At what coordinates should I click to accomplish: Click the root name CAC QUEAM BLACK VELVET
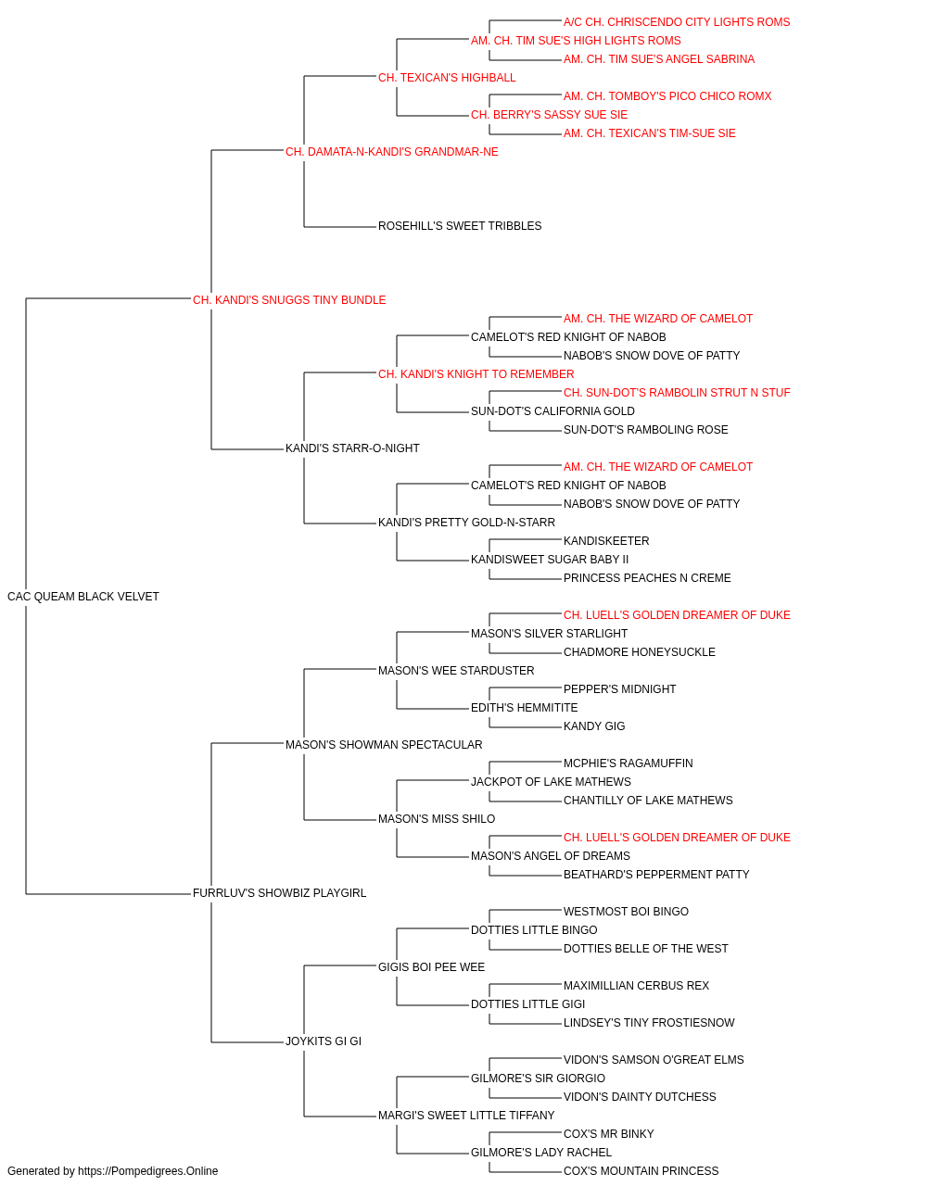(83, 597)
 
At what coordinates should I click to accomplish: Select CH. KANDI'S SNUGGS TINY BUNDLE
(289, 300)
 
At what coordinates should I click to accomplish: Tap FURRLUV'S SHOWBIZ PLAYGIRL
(280, 893)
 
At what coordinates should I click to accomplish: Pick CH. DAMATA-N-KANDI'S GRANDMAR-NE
(392, 152)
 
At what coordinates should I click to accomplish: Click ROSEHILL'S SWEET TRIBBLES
(460, 226)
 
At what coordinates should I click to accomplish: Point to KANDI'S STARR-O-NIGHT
(352, 448)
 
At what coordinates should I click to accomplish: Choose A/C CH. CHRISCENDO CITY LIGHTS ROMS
(677, 22)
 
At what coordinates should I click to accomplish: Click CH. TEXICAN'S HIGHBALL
(447, 78)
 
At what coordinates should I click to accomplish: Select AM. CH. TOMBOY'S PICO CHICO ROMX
(667, 96)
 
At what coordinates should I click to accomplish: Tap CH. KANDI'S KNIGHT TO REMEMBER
(476, 373)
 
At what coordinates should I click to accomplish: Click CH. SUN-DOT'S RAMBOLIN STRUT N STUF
(677, 393)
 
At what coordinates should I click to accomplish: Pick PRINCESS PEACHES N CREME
(647, 578)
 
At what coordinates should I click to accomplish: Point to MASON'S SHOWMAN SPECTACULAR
(384, 745)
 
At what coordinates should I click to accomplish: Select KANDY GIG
(594, 726)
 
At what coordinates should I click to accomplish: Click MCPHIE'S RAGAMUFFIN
(629, 763)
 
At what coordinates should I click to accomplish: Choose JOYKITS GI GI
(324, 1041)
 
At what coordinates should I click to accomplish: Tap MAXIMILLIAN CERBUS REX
(637, 986)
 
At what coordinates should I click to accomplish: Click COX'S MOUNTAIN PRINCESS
(641, 1171)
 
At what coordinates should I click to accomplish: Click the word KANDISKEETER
(606, 541)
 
